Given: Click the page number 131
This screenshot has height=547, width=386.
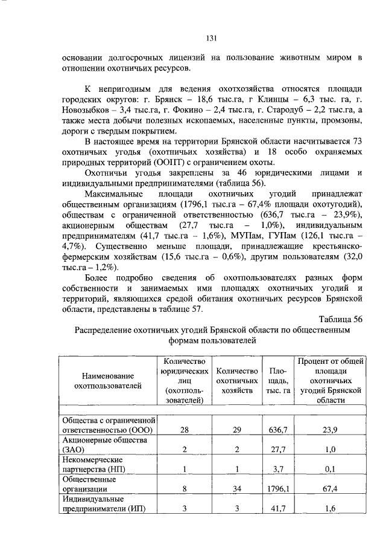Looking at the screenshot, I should [x=212, y=38].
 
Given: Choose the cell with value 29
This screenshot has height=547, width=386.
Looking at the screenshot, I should [x=237, y=430].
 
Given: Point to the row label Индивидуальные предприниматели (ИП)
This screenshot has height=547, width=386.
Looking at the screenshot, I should [x=104, y=503].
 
